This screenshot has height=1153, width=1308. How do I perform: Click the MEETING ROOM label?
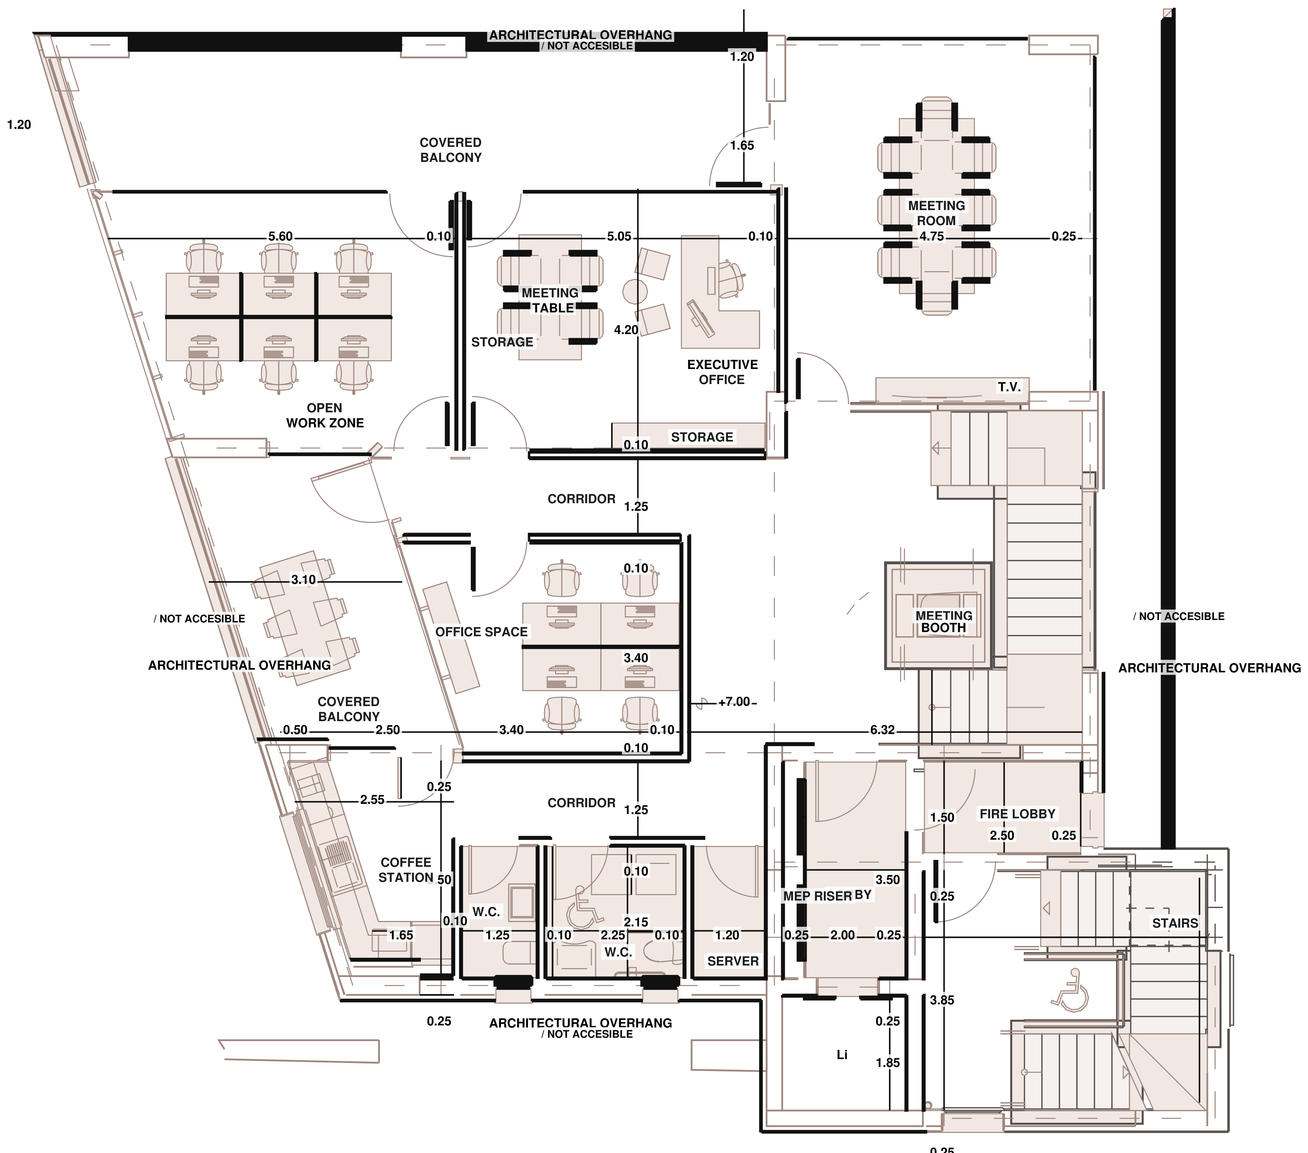tap(936, 213)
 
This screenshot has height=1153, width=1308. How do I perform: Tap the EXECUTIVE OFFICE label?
tap(722, 372)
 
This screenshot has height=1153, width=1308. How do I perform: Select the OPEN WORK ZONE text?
tap(325, 415)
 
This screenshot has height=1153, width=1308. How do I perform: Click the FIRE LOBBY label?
tap(1018, 814)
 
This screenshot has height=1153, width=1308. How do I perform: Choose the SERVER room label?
tap(733, 961)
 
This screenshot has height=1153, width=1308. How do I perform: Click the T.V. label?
tap(1009, 387)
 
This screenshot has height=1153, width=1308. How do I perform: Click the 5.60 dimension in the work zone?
tap(280, 237)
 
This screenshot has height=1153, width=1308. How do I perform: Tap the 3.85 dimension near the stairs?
tap(942, 1000)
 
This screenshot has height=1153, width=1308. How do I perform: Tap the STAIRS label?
tap(1175, 923)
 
